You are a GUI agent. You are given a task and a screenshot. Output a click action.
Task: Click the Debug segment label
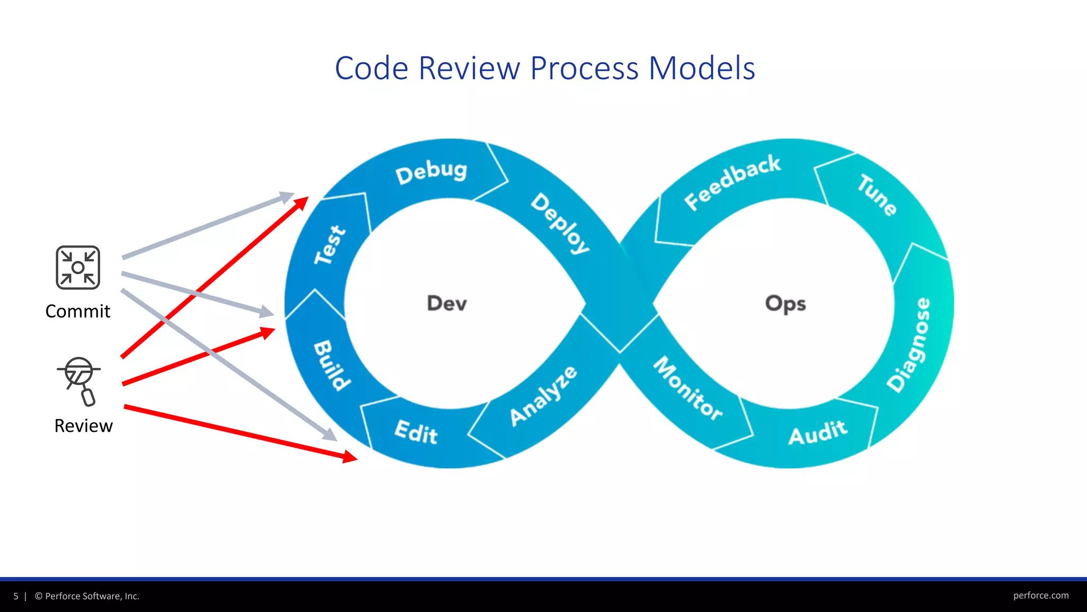pyautogui.click(x=431, y=172)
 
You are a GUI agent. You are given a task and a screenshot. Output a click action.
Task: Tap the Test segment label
pyautogui.click(x=330, y=245)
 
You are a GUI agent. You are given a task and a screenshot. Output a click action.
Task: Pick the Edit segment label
pyautogui.click(x=416, y=432)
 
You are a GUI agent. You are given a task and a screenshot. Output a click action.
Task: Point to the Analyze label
pyautogui.click(x=543, y=396)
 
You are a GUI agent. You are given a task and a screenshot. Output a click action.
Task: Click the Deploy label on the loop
pyautogui.click(x=560, y=224)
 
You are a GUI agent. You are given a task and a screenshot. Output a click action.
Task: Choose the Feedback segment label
pyautogui.click(x=732, y=182)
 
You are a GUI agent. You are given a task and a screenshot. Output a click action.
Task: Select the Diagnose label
pyautogui.click(x=909, y=345)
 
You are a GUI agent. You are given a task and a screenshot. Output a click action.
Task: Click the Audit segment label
pyautogui.click(x=817, y=432)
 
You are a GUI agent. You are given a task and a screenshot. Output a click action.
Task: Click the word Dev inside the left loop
pyautogui.click(x=447, y=303)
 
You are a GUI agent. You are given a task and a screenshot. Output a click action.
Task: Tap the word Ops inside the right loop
pyautogui.click(x=786, y=303)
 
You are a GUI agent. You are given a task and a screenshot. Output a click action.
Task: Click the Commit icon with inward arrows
pyautogui.click(x=78, y=268)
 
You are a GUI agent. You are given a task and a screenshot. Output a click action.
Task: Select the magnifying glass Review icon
pyautogui.click(x=79, y=381)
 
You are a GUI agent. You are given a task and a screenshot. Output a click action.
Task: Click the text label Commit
pyautogui.click(x=78, y=311)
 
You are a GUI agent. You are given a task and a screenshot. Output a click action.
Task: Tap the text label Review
pyautogui.click(x=83, y=426)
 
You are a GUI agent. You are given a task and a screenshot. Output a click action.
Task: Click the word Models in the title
pyautogui.click(x=702, y=69)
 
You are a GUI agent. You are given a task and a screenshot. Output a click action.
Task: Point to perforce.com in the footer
pyautogui.click(x=1040, y=596)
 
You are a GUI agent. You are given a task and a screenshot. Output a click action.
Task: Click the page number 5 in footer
pyautogui.click(x=16, y=596)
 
